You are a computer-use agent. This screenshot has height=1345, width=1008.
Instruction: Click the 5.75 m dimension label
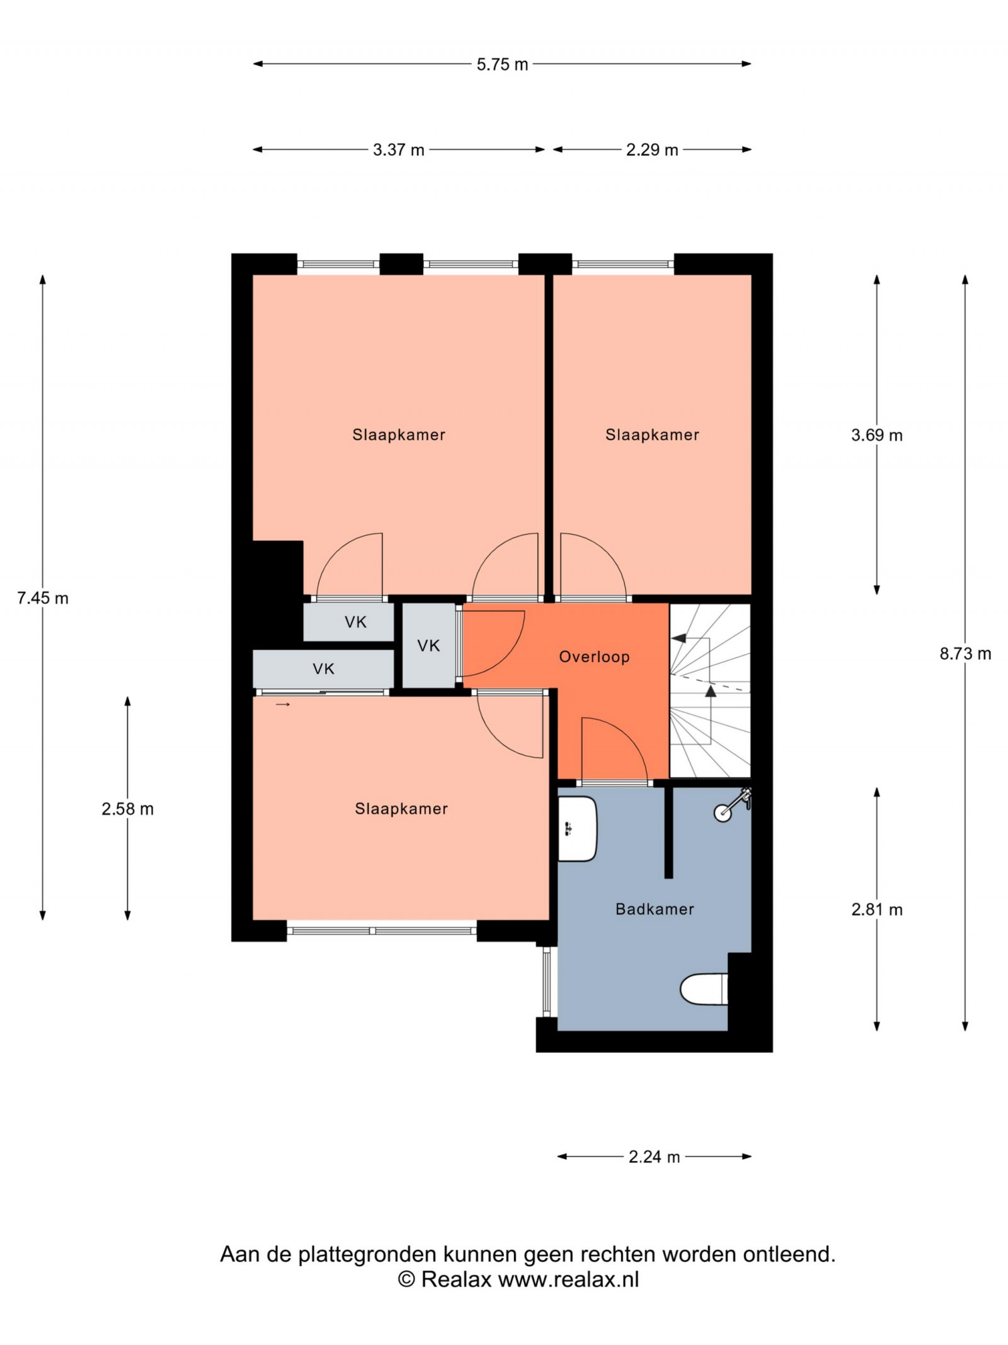coord(502,64)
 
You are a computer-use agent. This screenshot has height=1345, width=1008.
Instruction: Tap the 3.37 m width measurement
coord(398,150)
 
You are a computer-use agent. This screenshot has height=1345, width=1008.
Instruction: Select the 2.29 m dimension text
coord(652,150)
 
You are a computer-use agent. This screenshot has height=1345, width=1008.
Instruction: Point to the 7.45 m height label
coord(43,598)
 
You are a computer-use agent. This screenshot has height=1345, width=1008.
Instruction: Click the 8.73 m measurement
coord(965,654)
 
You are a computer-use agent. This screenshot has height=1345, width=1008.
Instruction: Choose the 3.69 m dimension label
coord(877,435)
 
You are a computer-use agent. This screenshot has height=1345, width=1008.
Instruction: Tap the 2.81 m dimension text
coord(877,909)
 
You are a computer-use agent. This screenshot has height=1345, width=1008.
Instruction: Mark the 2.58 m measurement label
coord(128,809)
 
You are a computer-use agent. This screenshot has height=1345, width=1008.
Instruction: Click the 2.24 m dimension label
coord(655,1157)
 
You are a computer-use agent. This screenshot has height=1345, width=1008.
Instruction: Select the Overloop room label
coord(594,657)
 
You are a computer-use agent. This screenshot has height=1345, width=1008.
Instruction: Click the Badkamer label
coord(655,909)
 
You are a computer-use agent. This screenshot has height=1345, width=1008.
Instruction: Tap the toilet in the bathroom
coord(704,989)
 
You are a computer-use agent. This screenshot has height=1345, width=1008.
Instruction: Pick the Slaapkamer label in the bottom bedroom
coord(401,809)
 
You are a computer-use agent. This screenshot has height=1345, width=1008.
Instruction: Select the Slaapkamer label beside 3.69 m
coord(652,435)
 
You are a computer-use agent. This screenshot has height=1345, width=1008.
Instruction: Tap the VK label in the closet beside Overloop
coord(428,645)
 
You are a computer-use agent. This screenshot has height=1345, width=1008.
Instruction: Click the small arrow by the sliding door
coord(283,704)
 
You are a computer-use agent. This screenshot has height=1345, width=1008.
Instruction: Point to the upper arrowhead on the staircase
coord(678,638)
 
